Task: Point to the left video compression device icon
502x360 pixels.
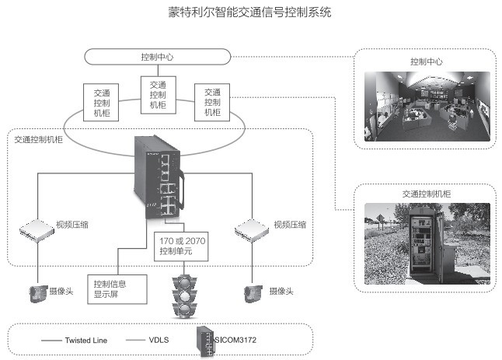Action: point(36,227)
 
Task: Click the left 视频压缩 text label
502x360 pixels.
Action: point(71,225)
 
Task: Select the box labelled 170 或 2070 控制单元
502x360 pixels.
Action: point(181,248)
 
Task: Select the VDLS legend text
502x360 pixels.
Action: point(159,340)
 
